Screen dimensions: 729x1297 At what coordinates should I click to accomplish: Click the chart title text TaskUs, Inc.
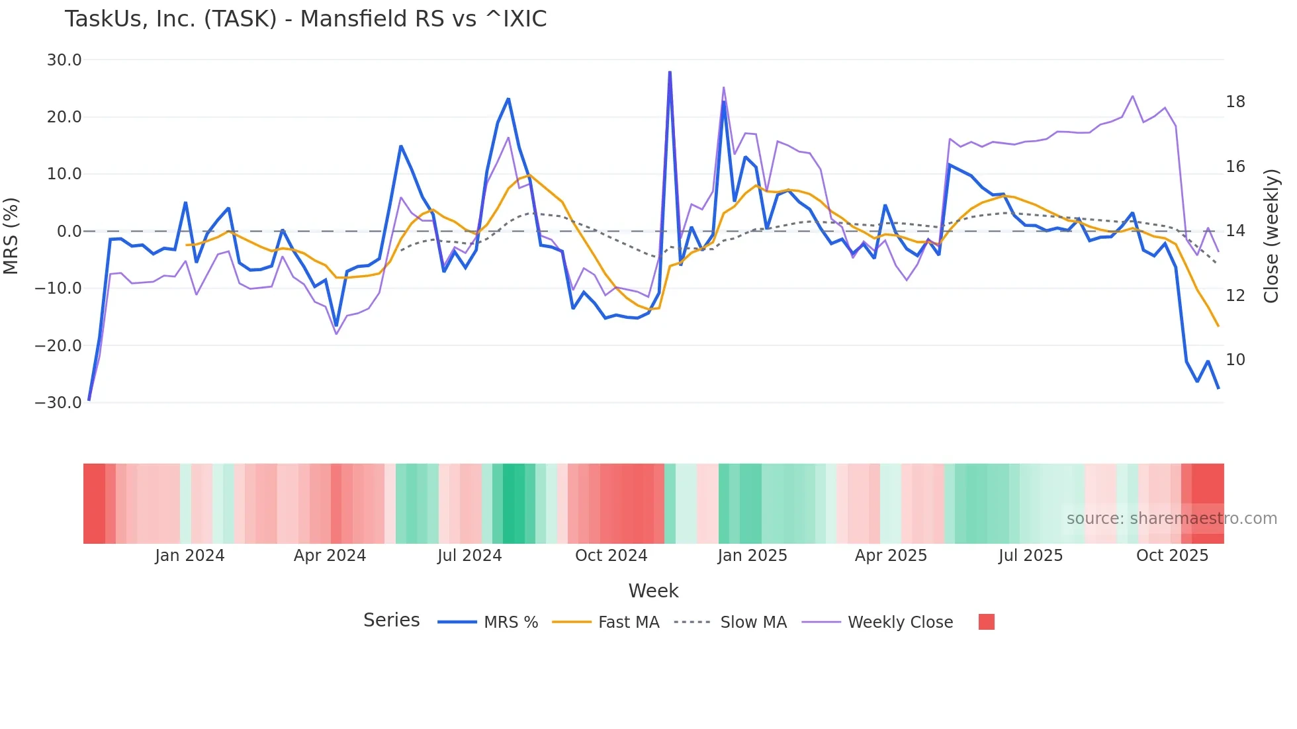[305, 19]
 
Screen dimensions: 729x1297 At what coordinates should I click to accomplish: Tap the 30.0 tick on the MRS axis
[64, 60]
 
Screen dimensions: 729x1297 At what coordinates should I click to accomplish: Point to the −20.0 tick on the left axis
[58, 345]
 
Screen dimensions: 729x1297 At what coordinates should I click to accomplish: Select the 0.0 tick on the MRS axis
[69, 232]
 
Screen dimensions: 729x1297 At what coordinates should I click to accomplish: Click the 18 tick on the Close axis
[1235, 102]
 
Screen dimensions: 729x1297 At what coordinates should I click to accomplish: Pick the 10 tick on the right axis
[1235, 360]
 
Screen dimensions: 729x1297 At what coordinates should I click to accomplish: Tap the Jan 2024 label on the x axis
[190, 556]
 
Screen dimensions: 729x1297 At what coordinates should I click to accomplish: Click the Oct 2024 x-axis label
[611, 556]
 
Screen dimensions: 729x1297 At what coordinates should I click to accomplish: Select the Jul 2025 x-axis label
[1030, 556]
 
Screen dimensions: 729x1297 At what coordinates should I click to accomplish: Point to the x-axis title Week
[653, 591]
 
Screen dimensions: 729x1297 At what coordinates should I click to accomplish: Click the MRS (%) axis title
[11, 236]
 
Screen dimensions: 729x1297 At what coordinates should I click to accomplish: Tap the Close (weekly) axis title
[1271, 236]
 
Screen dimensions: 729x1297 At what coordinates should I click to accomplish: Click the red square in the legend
[986, 622]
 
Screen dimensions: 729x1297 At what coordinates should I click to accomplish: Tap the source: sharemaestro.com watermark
[1171, 519]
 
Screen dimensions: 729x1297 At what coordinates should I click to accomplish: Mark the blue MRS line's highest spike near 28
[670, 72]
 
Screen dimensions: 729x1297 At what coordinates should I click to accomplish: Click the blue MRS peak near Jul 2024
[508, 99]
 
